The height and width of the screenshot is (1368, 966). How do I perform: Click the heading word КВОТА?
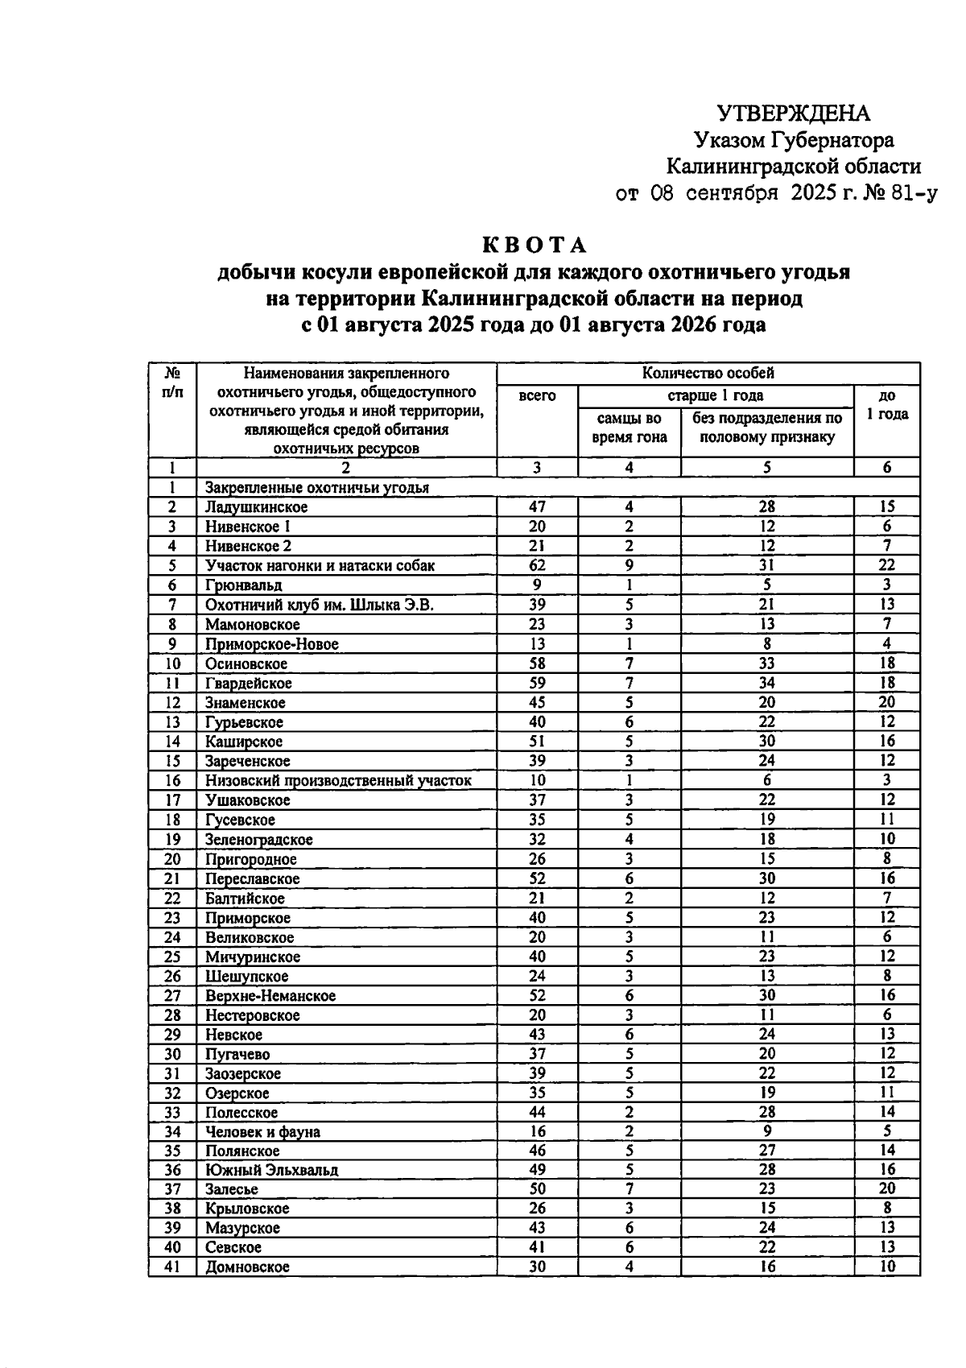pyautogui.click(x=535, y=245)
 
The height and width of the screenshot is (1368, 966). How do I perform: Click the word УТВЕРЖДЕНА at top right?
pyautogui.click(x=793, y=113)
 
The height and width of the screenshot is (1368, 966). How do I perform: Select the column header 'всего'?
pyautogui.click(x=537, y=396)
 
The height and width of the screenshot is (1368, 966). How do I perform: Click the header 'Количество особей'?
pyautogui.click(x=708, y=373)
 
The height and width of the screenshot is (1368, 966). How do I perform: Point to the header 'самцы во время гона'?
pyautogui.click(x=630, y=428)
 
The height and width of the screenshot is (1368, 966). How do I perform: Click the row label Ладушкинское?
pyautogui.click(x=256, y=507)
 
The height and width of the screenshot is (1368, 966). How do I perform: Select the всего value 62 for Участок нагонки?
pyautogui.click(x=537, y=565)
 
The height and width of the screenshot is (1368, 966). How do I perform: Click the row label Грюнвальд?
pyautogui.click(x=243, y=585)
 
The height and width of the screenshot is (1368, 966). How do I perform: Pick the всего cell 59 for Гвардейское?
pyautogui.click(x=537, y=683)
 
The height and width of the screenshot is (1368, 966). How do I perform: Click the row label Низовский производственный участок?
pyautogui.click(x=338, y=780)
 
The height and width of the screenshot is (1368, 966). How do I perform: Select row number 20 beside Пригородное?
pyautogui.click(x=172, y=859)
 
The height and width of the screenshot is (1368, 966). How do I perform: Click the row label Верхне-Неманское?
pyautogui.click(x=270, y=996)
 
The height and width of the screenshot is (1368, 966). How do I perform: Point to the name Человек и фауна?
pyautogui.click(x=262, y=1132)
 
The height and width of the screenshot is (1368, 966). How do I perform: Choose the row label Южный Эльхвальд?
pyautogui.click(x=271, y=1170)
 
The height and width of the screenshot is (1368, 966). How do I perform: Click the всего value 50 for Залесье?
pyautogui.click(x=537, y=1189)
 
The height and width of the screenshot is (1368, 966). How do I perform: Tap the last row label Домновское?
pyautogui.click(x=246, y=1267)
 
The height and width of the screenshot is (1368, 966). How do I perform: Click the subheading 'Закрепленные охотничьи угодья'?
pyautogui.click(x=316, y=488)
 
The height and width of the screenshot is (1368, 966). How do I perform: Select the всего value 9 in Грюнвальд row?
pyautogui.click(x=537, y=585)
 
